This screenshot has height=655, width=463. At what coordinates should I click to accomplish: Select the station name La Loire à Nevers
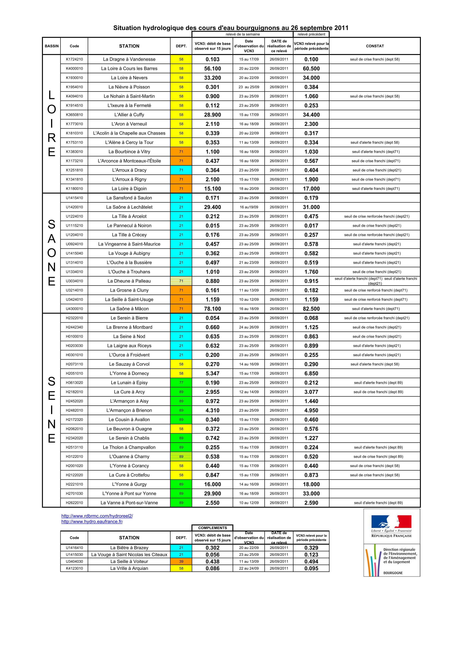click(129, 78)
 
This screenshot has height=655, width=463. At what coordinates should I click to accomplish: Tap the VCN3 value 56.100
click(213, 69)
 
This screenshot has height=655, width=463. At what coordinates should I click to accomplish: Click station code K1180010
click(74, 189)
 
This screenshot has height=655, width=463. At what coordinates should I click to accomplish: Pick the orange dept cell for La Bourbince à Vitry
click(181, 151)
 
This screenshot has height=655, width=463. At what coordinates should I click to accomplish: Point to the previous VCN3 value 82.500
click(311, 309)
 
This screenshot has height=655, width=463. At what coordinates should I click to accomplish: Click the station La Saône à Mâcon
click(129, 309)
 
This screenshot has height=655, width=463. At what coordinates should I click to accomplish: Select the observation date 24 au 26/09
click(249, 327)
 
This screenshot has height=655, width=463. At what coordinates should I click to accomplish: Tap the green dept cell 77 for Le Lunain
click(181, 383)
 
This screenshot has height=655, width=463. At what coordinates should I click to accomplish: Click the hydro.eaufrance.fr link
click(92, 522)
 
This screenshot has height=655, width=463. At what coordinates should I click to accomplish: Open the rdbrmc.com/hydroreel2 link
click(97, 516)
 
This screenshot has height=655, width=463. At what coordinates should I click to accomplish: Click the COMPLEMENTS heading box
click(213, 528)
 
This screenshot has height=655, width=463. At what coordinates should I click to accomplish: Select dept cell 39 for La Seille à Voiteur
click(181, 561)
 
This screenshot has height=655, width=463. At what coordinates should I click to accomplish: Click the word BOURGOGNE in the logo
click(393, 573)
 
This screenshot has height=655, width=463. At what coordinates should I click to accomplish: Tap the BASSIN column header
click(52, 46)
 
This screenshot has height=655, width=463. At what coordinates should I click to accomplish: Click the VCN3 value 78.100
click(213, 309)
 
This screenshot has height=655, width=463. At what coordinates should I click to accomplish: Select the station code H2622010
click(74, 503)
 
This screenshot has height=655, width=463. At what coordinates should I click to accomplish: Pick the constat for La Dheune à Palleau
click(376, 281)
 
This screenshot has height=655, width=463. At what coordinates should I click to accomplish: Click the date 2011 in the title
click(341, 28)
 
